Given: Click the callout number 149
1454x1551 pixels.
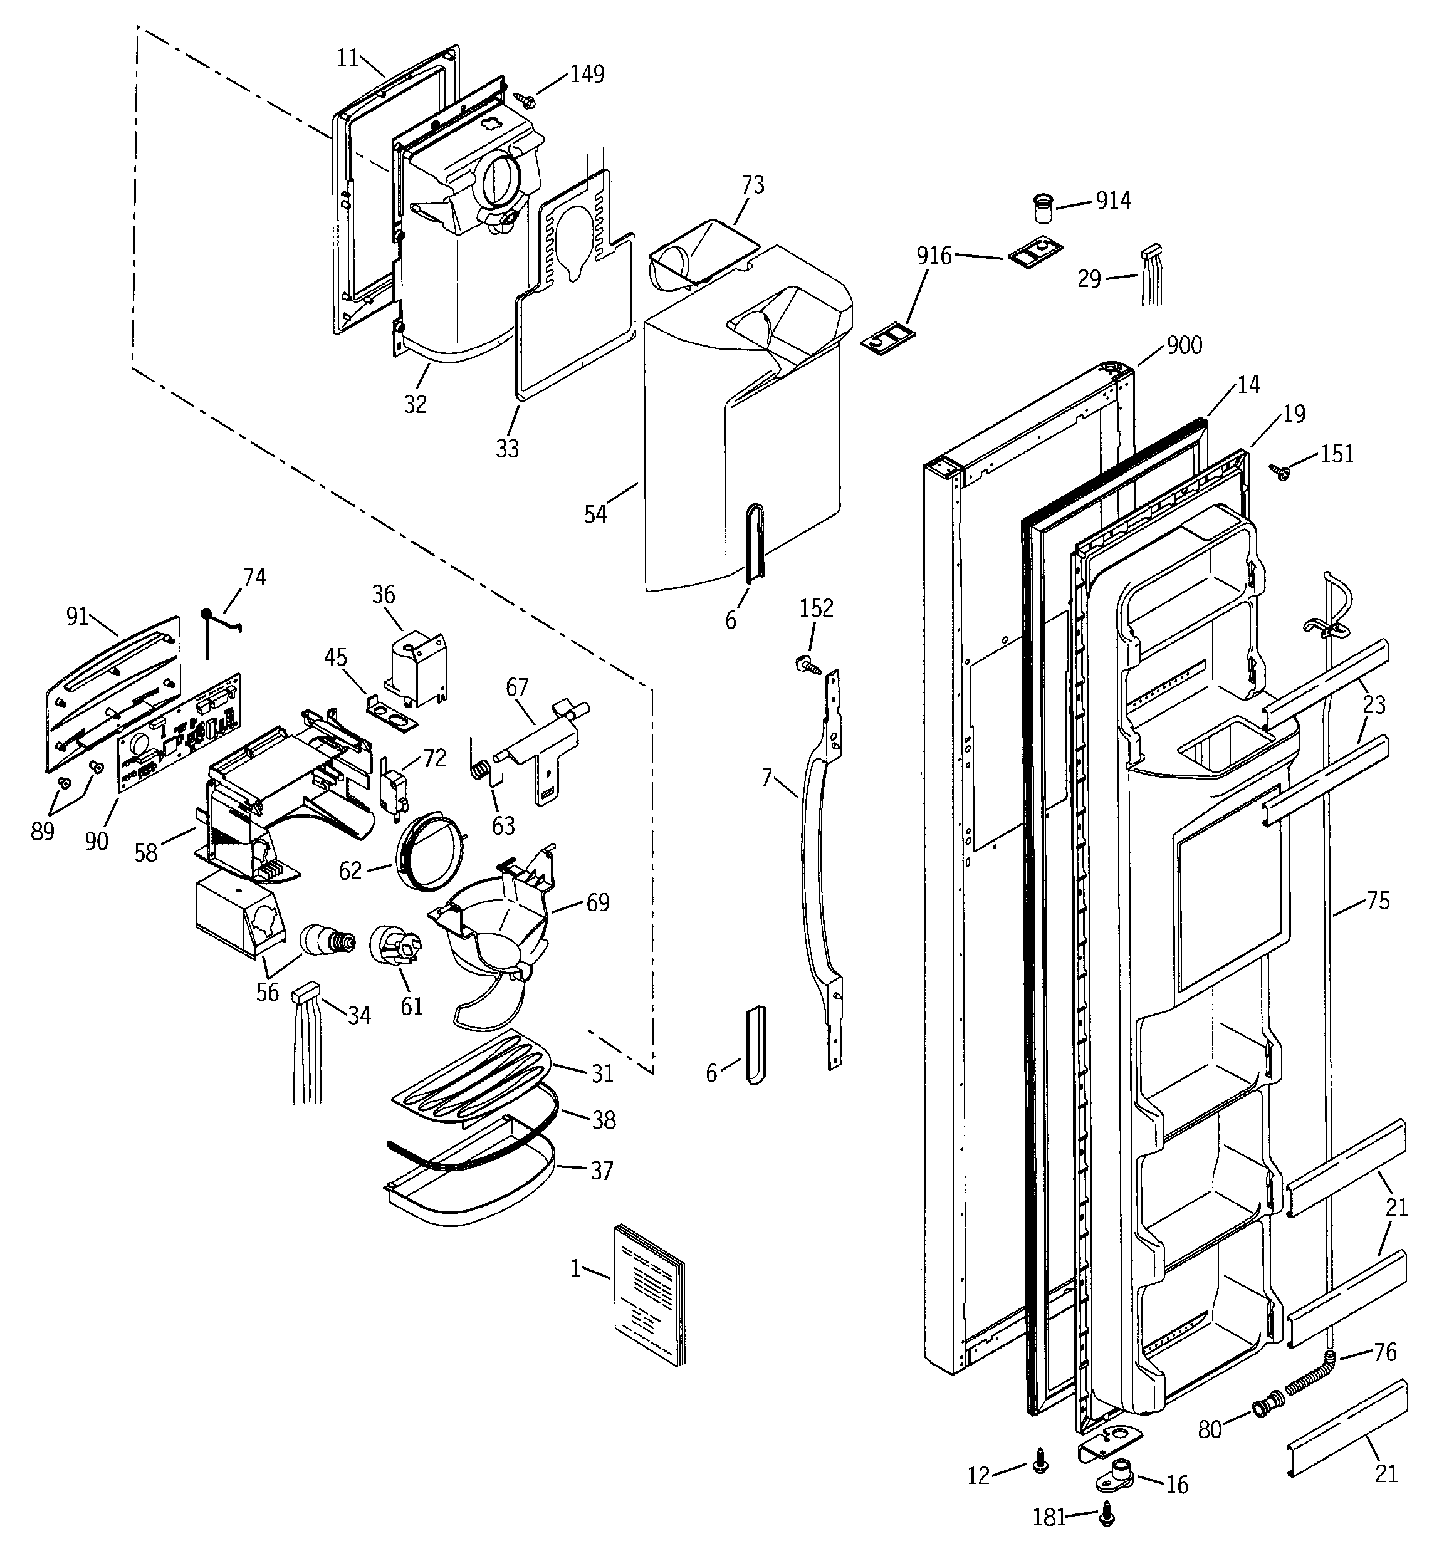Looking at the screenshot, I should pyautogui.click(x=587, y=74).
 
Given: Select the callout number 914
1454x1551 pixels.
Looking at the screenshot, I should pyautogui.click(x=1113, y=201).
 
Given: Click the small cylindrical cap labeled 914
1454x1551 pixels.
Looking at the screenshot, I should pyautogui.click(x=1043, y=209).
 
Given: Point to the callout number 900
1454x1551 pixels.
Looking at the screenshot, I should pyautogui.click(x=1184, y=345).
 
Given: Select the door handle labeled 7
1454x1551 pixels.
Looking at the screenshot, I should pyautogui.click(x=812, y=858).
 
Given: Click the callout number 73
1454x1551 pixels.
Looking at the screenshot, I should pyautogui.click(x=752, y=185).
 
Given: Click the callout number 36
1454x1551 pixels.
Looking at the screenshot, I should pyautogui.click(x=383, y=595).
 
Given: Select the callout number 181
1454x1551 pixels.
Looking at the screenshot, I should pyautogui.click(x=1049, y=1517).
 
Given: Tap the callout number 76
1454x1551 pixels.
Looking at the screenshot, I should pyautogui.click(x=1384, y=1352).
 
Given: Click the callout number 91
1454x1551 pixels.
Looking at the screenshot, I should pyautogui.click(x=77, y=617).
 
